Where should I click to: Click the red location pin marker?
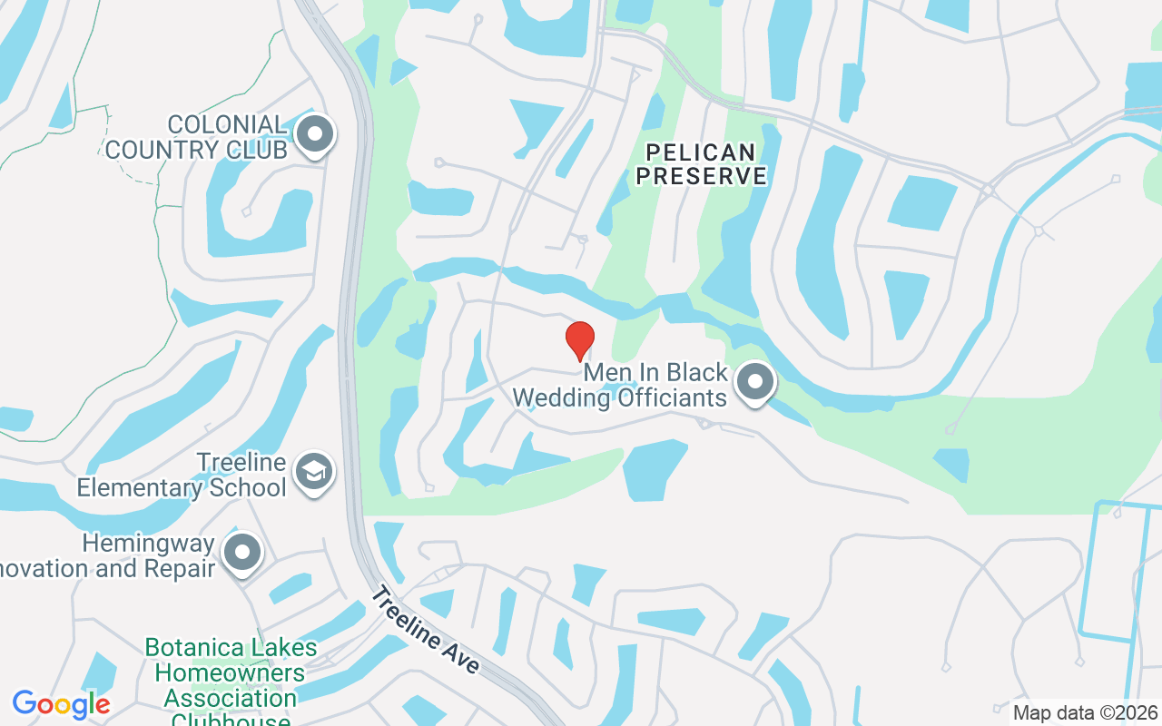(x=580, y=340)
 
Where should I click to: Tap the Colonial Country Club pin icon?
(x=315, y=134)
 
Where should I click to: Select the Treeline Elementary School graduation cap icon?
(x=314, y=471)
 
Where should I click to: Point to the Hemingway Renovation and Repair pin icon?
(x=241, y=551)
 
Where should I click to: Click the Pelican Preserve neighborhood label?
(x=701, y=164)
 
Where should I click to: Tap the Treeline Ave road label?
(x=426, y=631)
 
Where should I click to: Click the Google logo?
(x=62, y=704)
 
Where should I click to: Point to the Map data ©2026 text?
(x=1085, y=712)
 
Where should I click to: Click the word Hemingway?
(x=148, y=544)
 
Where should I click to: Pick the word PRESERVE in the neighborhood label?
(x=701, y=176)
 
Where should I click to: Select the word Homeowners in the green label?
(x=230, y=673)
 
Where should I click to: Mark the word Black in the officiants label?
(x=696, y=373)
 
